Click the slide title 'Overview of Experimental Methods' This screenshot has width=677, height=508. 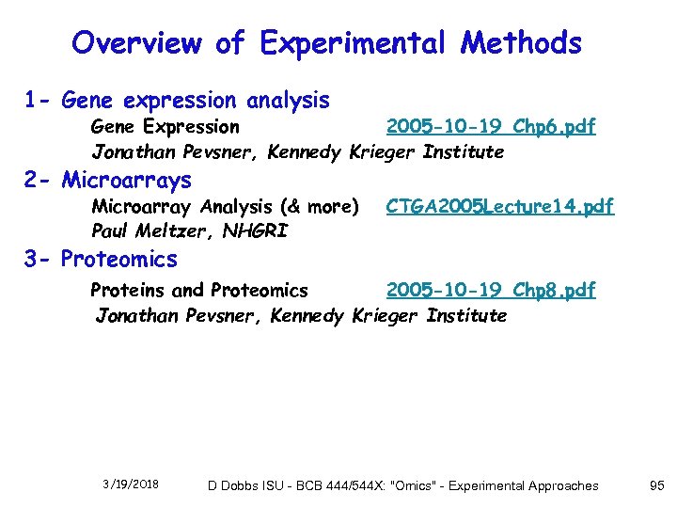click(x=326, y=43)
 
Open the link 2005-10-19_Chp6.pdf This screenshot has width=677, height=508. click(x=490, y=127)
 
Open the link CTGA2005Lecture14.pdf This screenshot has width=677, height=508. click(x=499, y=206)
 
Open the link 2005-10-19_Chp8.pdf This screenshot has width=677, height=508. click(x=490, y=290)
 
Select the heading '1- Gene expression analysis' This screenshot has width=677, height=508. click(x=177, y=100)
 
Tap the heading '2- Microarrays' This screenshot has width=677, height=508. click(x=108, y=180)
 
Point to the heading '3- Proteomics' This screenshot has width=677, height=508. click(x=101, y=259)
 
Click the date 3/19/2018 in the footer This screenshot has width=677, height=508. click(x=131, y=484)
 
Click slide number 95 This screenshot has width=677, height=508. click(x=656, y=485)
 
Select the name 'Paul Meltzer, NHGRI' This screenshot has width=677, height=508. click(x=176, y=230)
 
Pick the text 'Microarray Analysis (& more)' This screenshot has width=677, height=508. click(x=225, y=206)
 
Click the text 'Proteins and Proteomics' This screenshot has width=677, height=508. click(x=199, y=290)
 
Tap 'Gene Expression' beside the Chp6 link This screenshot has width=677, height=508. click(x=165, y=127)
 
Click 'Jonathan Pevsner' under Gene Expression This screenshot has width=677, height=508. click(x=168, y=151)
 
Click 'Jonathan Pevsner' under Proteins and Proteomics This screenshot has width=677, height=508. click(x=172, y=315)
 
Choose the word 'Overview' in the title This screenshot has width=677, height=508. click(x=136, y=43)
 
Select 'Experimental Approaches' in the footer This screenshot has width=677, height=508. click(x=523, y=485)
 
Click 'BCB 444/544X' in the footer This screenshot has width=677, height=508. click(x=326, y=485)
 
